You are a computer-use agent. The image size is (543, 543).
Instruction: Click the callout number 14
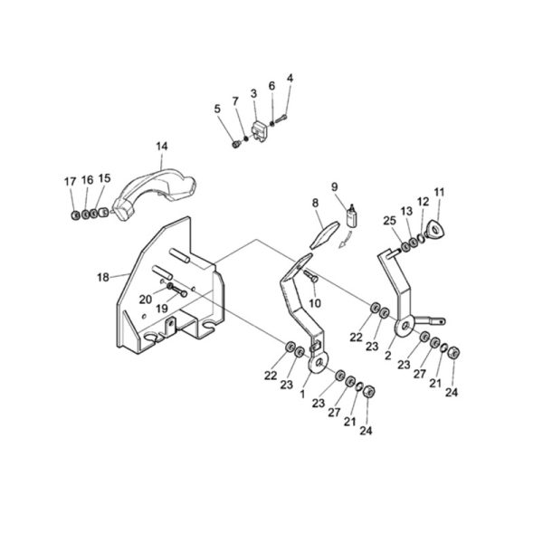click(x=162, y=147)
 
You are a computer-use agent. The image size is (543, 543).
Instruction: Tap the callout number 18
click(x=103, y=278)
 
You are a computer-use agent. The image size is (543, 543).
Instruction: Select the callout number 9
click(x=334, y=187)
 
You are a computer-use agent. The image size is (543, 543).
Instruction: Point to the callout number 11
click(x=439, y=193)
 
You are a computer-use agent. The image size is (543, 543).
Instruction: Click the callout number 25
click(x=389, y=221)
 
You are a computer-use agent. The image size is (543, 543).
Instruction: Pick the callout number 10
click(x=315, y=303)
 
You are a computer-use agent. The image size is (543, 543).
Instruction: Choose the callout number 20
click(x=146, y=300)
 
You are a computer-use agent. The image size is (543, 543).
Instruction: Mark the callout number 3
click(x=253, y=93)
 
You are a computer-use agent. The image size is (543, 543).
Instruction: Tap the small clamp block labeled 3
click(x=261, y=131)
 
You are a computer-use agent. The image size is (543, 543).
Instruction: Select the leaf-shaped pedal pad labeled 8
click(x=324, y=234)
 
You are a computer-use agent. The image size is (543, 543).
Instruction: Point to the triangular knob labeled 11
click(x=434, y=229)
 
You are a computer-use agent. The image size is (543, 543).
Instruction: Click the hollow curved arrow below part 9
click(x=347, y=241)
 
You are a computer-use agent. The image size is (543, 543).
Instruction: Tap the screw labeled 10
click(x=311, y=276)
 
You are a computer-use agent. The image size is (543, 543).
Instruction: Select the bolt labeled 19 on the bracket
click(x=179, y=291)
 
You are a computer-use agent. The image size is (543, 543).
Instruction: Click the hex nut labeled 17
click(x=75, y=215)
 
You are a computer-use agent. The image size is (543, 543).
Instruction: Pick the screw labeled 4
click(x=281, y=119)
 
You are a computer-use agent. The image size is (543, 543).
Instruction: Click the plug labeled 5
click(x=236, y=143)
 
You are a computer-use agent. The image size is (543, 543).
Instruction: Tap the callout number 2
click(x=388, y=356)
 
